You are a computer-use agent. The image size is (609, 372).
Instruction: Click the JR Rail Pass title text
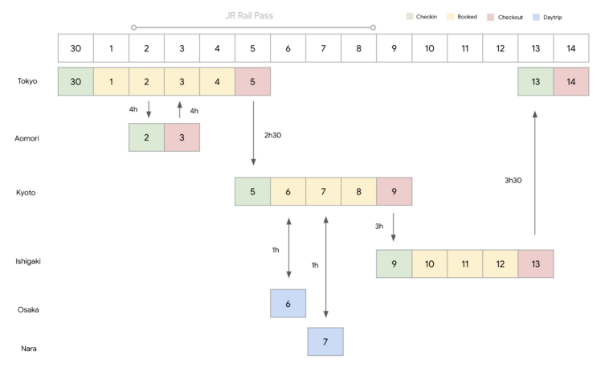[253, 14]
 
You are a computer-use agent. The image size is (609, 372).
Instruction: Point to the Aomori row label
[28, 138]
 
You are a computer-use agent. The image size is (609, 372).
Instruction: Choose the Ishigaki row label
[30, 262]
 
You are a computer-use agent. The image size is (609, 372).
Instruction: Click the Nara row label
[28, 348]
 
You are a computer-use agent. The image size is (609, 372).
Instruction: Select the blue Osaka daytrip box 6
[288, 304]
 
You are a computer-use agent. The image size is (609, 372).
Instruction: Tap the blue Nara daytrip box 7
[325, 341]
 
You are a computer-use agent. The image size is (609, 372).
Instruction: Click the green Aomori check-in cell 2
[146, 137]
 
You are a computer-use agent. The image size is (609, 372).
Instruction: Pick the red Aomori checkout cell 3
[182, 137]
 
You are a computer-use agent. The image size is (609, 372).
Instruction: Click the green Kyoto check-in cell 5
[252, 191]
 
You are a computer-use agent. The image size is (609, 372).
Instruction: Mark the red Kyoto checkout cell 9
[394, 191]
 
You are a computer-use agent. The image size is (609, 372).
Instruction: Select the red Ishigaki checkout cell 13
[535, 264]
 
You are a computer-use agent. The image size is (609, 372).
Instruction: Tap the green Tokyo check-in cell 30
[76, 82]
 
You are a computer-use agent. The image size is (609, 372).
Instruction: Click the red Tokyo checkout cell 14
[570, 82]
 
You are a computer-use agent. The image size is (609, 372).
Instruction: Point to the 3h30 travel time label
[513, 180]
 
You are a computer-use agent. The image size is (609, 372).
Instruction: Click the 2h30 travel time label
[272, 135]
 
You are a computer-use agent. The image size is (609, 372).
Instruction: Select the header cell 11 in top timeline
[464, 48]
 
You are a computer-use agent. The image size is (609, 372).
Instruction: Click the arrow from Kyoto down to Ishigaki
[393, 227]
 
